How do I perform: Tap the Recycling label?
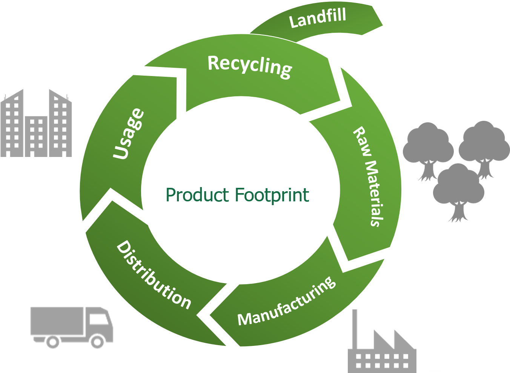coord(250,67)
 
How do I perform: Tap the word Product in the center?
coord(197,195)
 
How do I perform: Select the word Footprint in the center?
coord(272,195)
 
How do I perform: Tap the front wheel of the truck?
coord(98,342)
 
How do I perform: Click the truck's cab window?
coord(99,318)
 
